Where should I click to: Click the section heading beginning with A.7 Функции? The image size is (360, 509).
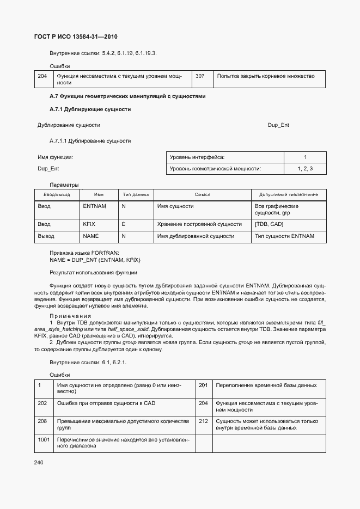127,96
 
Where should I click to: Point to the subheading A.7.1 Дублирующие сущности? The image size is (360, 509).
90,109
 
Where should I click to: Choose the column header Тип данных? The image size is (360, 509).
136,195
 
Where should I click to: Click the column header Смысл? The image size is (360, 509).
202,195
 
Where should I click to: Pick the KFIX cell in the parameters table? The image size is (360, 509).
89,224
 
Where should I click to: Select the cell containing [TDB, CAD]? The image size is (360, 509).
269,224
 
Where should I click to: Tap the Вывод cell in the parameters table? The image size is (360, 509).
46,236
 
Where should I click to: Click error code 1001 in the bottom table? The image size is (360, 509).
44,438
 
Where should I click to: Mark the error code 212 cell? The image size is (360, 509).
203,421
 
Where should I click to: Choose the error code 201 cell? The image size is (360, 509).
203,385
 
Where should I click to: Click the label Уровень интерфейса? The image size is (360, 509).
197,157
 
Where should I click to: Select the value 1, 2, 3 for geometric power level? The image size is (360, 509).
305,169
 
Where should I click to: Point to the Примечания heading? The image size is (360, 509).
71,316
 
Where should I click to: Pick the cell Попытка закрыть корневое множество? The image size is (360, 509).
266,76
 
